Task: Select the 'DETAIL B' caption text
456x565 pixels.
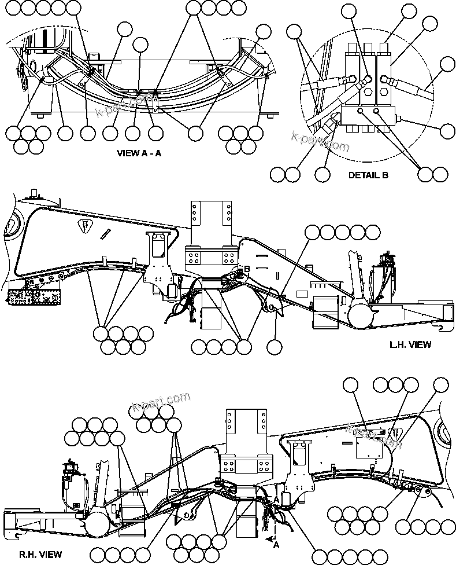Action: click(x=368, y=174)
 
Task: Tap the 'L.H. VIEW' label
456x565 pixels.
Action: click(x=410, y=344)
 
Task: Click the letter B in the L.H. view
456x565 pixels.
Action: click(x=246, y=268)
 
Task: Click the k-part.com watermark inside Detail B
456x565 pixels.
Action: click(x=320, y=140)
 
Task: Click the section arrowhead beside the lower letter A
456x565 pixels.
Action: click(x=269, y=538)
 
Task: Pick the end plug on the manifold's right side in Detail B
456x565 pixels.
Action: click(x=399, y=120)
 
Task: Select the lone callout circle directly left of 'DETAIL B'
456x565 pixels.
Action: click(x=322, y=174)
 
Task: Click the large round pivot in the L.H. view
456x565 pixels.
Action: click(x=361, y=315)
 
